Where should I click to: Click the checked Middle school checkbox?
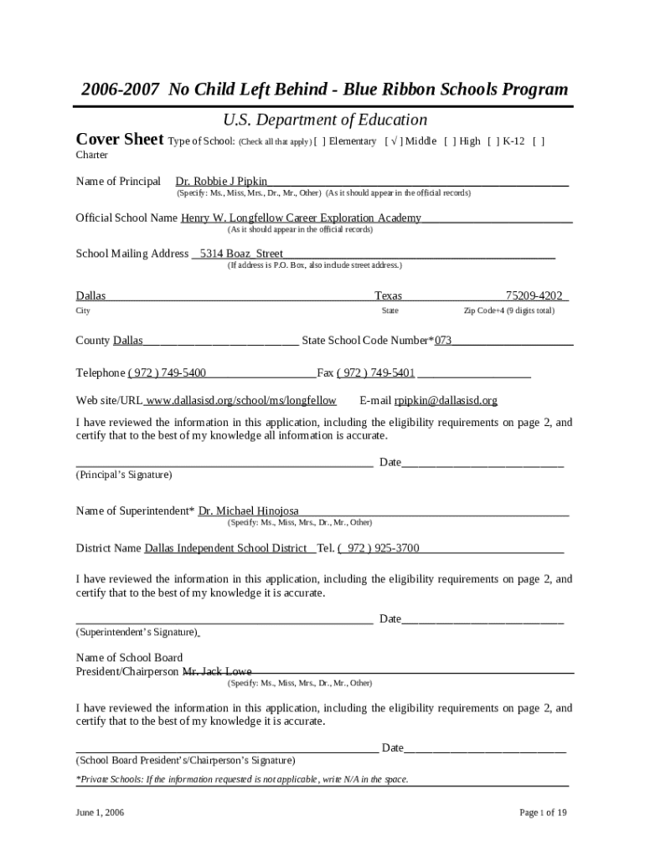click(392, 141)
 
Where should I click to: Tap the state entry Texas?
click(388, 295)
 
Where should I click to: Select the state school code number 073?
click(443, 341)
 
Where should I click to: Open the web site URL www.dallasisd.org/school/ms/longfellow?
click(241, 401)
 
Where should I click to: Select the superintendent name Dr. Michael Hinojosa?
click(248, 511)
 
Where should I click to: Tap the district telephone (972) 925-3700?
click(378, 548)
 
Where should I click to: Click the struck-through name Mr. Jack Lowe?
click(217, 671)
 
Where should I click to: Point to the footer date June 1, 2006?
click(100, 813)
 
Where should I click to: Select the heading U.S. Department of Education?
click(324, 120)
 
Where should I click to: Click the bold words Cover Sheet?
click(120, 139)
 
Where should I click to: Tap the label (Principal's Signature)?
click(124, 475)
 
